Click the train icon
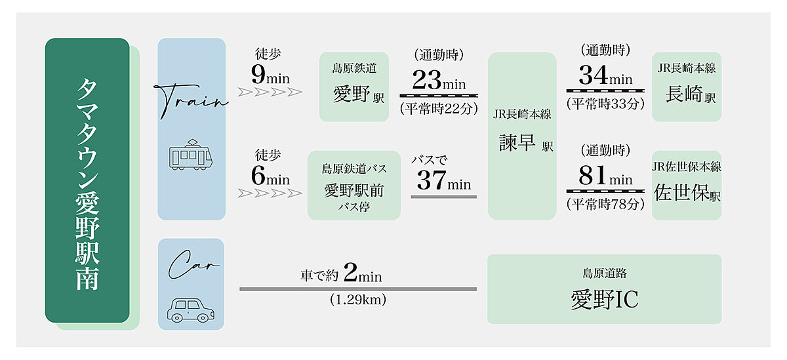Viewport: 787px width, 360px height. point(192,155)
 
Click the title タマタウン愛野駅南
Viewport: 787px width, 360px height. point(87,181)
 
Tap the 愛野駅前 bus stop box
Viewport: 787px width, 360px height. point(353,186)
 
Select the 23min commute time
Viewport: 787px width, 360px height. point(437,81)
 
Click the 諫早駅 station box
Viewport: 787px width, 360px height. point(522,136)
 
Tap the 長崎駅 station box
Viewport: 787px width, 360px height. point(687,87)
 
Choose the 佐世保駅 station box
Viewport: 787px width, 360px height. point(687,186)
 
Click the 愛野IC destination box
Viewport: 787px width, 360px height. point(604,289)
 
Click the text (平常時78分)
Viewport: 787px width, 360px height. point(605,204)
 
